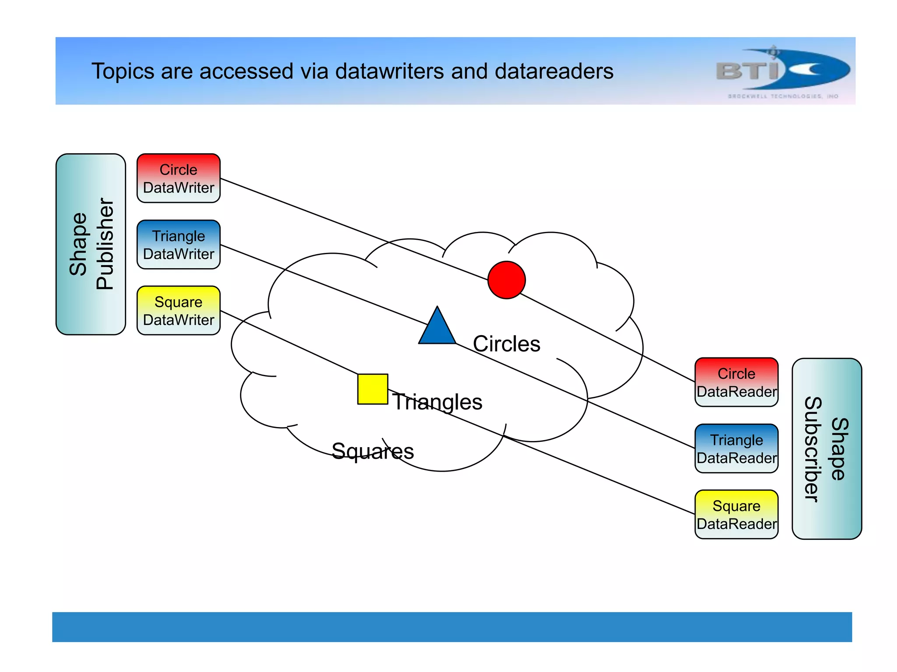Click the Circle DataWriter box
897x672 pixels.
point(178,178)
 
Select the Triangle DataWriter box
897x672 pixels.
point(178,245)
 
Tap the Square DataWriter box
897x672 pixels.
point(178,311)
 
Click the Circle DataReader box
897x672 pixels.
point(736,382)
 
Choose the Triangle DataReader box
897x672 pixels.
point(736,448)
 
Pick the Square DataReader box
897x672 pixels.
point(736,514)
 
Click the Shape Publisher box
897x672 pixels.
point(91,244)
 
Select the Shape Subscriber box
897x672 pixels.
point(826,449)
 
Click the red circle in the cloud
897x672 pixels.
point(506,280)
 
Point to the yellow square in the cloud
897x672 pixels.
point(372,389)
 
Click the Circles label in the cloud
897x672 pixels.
point(506,344)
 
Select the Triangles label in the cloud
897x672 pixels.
point(437,402)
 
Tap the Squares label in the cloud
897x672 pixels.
point(372,451)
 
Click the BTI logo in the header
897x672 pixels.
point(782,70)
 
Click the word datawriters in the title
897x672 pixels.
point(389,71)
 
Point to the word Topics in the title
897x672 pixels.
point(123,71)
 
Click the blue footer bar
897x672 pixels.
point(452,626)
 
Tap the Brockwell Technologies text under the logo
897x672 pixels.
point(783,96)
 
